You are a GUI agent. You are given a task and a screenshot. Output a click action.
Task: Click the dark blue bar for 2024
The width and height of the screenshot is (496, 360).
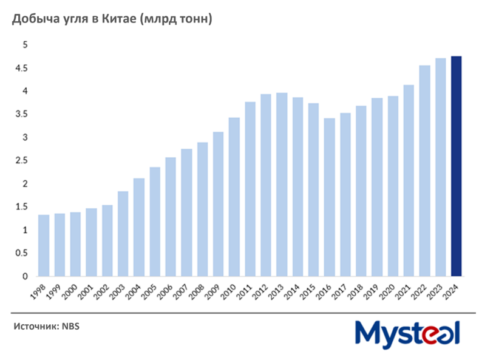point(457,166)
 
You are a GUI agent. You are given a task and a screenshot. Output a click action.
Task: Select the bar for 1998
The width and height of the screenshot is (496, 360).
point(44,245)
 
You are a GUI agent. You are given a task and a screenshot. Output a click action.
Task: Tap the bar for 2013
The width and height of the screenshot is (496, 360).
point(282,185)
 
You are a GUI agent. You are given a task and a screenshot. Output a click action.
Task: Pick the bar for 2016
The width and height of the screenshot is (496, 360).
point(330,197)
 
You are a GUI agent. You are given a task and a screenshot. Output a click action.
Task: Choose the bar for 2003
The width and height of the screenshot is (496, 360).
point(123,234)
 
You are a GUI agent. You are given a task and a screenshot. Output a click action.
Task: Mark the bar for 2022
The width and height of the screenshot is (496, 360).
point(425,171)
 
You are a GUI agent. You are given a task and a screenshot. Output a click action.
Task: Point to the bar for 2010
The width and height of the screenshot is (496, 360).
point(234,197)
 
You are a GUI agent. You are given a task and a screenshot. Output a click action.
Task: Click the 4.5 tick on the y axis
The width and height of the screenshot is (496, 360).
point(21,68)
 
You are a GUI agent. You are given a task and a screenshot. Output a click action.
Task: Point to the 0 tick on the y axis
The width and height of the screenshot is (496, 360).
point(25,276)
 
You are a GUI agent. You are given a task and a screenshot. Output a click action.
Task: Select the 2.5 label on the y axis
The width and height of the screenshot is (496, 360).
point(21,160)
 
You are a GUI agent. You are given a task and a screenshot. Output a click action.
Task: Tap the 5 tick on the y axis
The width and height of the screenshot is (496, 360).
point(25,45)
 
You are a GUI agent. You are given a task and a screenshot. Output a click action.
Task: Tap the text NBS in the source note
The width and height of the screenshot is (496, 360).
point(70,327)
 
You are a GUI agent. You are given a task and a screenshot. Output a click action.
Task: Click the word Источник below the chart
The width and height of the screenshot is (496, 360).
point(35,327)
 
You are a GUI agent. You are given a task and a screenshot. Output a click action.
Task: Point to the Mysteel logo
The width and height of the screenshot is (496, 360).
point(407,334)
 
